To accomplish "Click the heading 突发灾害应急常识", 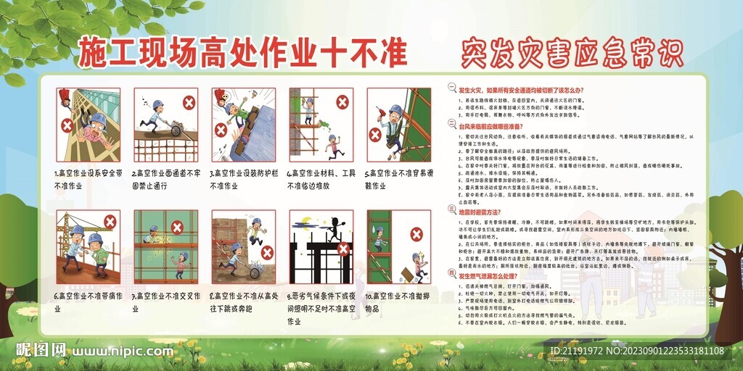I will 572,54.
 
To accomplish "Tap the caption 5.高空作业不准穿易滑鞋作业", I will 398,179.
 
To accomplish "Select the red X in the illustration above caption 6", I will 110,222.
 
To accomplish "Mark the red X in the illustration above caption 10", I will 417,233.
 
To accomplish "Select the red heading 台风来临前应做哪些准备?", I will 501,126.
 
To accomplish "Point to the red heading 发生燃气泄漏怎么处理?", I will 496,275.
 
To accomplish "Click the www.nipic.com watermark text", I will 120,351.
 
